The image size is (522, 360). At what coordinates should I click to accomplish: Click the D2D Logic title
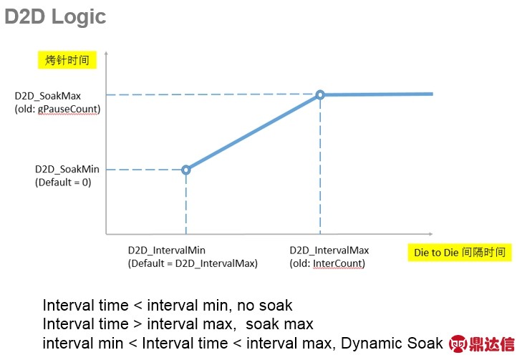tap(55, 16)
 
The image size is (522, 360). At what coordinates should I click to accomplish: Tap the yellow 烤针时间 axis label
tap(67, 60)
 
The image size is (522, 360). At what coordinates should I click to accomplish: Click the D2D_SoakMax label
tap(47, 96)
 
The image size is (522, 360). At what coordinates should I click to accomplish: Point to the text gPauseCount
tap(68, 109)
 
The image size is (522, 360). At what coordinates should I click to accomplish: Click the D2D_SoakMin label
tap(67, 169)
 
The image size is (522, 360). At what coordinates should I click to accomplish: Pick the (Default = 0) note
tap(63, 183)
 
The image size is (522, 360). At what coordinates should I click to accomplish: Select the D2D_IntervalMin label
tap(166, 250)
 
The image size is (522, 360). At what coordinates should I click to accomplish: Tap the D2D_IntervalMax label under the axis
tap(329, 250)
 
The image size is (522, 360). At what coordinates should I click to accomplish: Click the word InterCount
tap(337, 263)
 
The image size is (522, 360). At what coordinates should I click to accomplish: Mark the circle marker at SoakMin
tap(186, 170)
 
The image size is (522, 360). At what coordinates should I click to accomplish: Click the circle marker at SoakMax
tap(320, 94)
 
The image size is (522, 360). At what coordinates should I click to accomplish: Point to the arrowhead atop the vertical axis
tap(106, 53)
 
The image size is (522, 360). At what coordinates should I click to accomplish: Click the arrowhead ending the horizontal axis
tap(430, 234)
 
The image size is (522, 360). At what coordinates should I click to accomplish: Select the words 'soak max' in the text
tap(280, 324)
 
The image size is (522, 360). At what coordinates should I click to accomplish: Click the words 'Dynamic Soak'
tap(392, 344)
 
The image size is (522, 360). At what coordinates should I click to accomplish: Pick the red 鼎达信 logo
tap(481, 344)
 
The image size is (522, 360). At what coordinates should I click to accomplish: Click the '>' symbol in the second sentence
tap(137, 324)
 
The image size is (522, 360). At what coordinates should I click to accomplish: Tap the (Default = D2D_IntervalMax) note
tap(193, 263)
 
